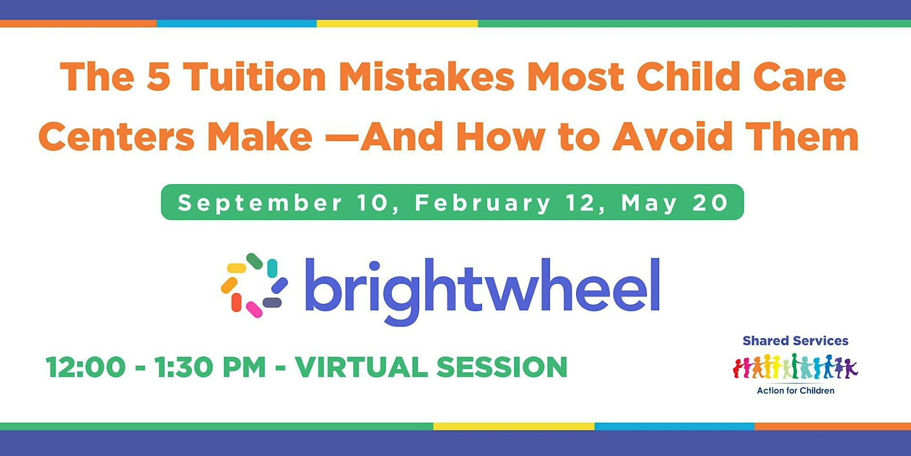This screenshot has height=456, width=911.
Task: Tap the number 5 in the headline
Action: click(x=159, y=77)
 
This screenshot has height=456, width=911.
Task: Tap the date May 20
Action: click(x=675, y=202)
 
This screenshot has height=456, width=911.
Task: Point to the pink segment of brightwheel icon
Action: click(x=254, y=309)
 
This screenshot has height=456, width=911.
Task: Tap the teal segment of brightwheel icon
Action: click(x=272, y=268)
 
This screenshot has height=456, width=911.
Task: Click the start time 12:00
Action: click(x=86, y=367)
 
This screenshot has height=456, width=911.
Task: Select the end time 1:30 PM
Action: click(x=210, y=367)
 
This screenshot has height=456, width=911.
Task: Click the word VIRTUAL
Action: click(x=361, y=367)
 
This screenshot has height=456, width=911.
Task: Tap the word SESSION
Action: click(x=502, y=367)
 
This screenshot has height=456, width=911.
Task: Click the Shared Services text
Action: click(x=795, y=341)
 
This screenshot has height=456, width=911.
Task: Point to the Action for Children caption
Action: click(x=795, y=390)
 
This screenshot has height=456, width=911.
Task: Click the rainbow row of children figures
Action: click(x=795, y=366)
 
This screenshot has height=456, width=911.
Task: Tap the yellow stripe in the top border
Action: click(x=397, y=23)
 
